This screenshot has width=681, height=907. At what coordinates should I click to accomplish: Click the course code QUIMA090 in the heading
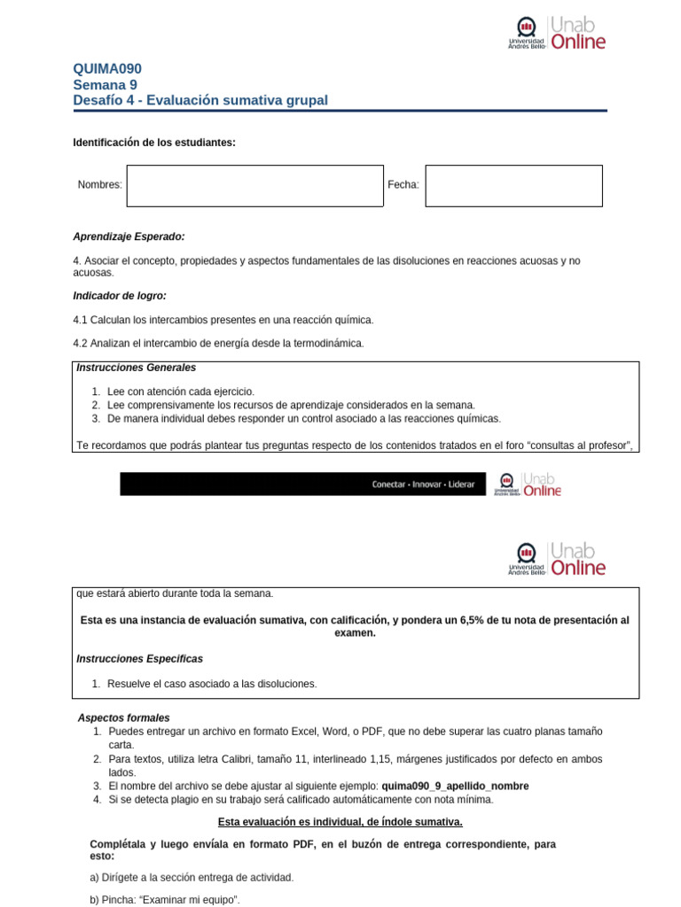[106, 69]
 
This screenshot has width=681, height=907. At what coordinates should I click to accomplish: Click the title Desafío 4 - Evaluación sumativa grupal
[200, 101]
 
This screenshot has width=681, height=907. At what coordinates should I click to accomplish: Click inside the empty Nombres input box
[255, 186]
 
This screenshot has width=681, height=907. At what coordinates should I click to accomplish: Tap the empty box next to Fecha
[513, 186]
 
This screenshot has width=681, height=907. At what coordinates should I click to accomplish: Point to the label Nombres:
[99, 185]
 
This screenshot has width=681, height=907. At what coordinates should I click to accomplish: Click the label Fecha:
[403, 185]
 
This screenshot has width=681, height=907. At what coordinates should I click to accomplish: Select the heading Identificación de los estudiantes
[154, 143]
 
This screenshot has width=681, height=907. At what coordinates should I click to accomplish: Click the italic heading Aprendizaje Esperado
[129, 236]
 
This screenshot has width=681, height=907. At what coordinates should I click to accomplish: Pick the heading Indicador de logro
[120, 296]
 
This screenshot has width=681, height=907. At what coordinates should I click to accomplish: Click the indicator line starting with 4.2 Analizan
[218, 343]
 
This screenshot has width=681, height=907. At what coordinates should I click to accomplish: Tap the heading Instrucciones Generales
[137, 368]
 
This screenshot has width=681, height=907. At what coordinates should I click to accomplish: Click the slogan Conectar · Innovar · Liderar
[422, 485]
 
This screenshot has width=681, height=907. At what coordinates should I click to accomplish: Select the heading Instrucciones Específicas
[140, 659]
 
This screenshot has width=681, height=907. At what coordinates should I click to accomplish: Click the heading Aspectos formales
[124, 718]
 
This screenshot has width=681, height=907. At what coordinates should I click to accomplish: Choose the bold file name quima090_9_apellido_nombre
[455, 787]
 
